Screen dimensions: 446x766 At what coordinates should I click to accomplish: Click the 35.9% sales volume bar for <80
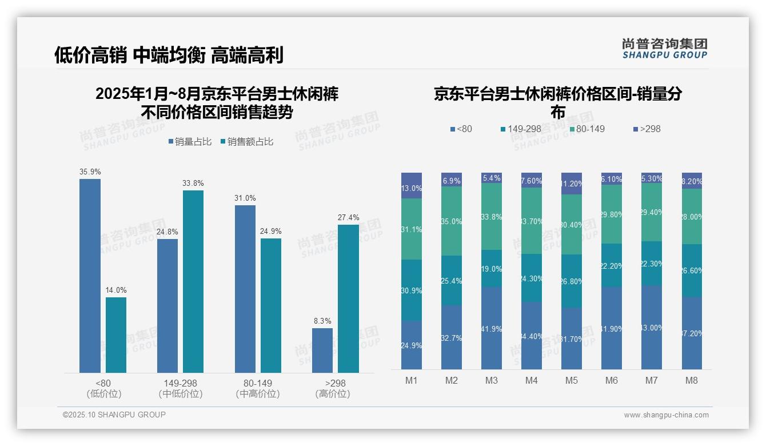tap(90, 276)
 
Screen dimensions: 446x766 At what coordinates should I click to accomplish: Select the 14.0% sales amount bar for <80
tap(116, 335)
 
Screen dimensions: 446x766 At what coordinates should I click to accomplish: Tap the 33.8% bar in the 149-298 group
tap(193, 281)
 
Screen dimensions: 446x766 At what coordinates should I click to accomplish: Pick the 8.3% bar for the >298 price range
tap(322, 351)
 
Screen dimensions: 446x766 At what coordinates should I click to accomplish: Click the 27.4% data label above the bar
tap(349, 217)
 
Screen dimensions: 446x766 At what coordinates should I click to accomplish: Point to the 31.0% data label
tap(245, 198)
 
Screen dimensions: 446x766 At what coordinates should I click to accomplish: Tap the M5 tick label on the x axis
tap(572, 381)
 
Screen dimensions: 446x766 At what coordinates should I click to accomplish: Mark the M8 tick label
tap(692, 381)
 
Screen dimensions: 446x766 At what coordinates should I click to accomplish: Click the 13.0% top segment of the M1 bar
tap(412, 186)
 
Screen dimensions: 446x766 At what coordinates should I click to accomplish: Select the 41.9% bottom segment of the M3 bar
tap(492, 328)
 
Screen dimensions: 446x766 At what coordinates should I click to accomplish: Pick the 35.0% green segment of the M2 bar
tap(452, 221)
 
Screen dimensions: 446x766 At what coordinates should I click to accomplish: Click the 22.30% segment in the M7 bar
tap(652, 264)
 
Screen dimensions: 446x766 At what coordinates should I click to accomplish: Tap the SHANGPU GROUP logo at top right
tap(665, 49)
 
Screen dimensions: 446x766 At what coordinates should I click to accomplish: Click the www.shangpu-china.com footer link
tap(666, 415)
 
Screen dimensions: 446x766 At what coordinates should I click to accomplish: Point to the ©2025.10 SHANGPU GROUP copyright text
tap(114, 415)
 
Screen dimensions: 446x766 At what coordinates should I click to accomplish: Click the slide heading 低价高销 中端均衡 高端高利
tap(169, 55)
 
